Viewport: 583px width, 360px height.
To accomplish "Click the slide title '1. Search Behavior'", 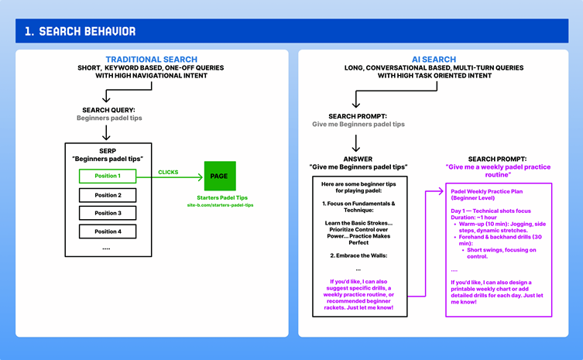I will (x=80, y=31).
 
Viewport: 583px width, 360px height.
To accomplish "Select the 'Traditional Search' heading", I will (x=151, y=60).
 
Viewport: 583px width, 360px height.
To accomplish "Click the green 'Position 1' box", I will (x=108, y=177).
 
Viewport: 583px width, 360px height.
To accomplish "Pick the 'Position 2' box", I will (x=108, y=195).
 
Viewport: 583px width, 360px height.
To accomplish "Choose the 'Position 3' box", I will (x=108, y=213).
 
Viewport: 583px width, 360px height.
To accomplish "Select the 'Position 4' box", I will (x=108, y=231).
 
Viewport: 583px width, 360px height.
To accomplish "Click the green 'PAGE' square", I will (x=220, y=177).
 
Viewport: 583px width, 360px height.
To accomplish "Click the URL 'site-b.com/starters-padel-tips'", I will (x=220, y=206).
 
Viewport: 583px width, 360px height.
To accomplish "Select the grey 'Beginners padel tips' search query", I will (x=109, y=118).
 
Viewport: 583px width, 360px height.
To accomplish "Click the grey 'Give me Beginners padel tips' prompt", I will (x=358, y=124).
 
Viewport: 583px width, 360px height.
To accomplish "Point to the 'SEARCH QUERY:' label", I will (x=109, y=110).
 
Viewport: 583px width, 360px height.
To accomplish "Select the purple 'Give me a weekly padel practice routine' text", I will (x=499, y=170).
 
